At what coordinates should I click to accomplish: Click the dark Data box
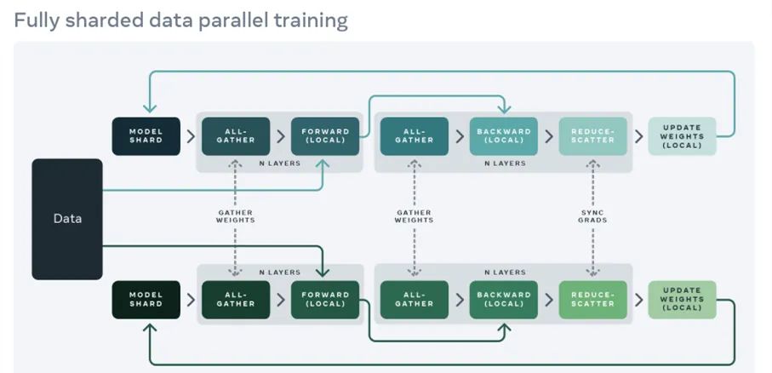point(67,219)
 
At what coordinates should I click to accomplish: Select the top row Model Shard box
point(146,136)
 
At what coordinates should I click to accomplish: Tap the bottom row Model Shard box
point(146,300)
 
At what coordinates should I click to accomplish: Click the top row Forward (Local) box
point(324,136)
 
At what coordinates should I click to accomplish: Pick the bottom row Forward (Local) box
point(324,300)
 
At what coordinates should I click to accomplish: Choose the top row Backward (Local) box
point(503,136)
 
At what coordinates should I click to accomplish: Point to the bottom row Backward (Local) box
point(503,300)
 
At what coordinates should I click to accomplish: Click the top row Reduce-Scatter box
point(592,136)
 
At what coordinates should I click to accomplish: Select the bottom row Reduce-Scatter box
point(592,300)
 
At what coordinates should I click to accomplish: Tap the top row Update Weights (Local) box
point(682,136)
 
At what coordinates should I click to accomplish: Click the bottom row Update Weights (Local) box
point(682,300)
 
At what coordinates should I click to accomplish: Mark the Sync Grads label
point(592,215)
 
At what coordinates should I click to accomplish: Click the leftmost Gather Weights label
point(235,215)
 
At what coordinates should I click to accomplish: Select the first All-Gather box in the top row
point(235,136)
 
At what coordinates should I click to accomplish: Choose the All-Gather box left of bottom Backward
point(414,300)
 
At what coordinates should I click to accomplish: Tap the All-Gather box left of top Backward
point(414,136)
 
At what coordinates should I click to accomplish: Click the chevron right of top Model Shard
point(191,136)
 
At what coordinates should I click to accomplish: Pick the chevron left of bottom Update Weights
point(638,300)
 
